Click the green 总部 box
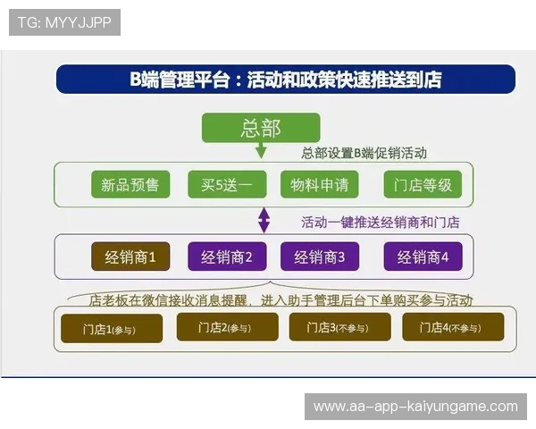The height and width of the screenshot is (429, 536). point(261,127)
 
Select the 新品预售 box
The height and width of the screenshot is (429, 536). point(130,185)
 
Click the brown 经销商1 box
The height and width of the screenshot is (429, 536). point(130,257)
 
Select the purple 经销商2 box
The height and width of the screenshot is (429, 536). point(227,257)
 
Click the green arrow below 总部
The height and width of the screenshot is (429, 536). point(262,150)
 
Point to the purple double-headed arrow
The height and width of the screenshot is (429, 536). point(264,220)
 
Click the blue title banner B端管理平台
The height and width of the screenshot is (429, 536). point(286,80)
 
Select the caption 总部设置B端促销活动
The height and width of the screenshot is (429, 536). point(364,153)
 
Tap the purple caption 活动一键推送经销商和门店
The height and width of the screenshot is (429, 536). point(380,222)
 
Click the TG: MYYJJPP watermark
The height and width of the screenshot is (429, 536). point(65,22)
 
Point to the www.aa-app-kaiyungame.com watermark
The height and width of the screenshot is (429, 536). point(415,407)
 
